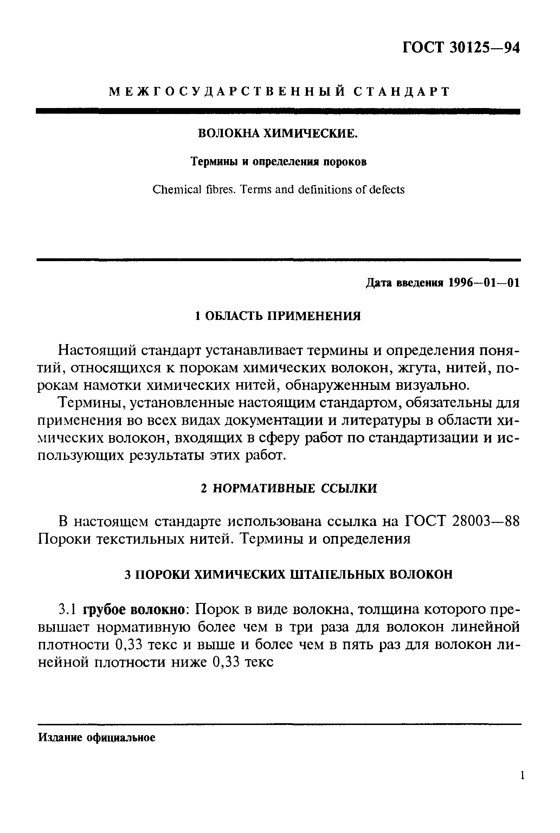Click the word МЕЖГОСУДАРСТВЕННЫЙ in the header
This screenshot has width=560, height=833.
pyautogui.click(x=226, y=92)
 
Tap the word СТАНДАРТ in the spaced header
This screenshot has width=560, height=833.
pyautogui.click(x=401, y=92)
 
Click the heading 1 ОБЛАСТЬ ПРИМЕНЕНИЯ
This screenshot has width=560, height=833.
pyautogui.click(x=278, y=316)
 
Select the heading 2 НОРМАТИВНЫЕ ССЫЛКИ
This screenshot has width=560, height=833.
pyautogui.click(x=289, y=488)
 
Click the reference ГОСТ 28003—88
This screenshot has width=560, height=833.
pyautogui.click(x=463, y=522)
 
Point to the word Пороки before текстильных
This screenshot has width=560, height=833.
pyautogui.click(x=65, y=539)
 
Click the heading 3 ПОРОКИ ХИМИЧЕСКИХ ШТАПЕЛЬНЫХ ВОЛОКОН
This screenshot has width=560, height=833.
pyautogui.click(x=289, y=574)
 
